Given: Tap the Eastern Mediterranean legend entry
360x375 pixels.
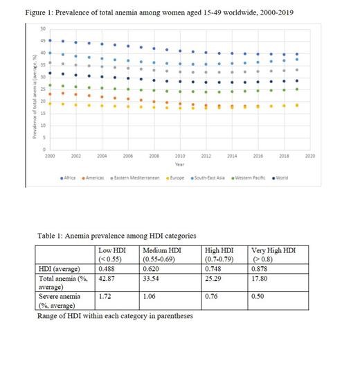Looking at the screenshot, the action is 141,177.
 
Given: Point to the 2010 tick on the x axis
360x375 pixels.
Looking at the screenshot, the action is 180,157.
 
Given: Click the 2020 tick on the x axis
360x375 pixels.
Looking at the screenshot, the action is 309,157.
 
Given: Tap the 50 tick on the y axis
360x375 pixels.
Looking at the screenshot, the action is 43,28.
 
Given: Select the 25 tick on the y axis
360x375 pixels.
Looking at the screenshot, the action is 43,89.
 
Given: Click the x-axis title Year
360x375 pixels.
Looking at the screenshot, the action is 180,165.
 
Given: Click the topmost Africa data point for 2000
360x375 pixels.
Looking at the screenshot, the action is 50,40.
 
